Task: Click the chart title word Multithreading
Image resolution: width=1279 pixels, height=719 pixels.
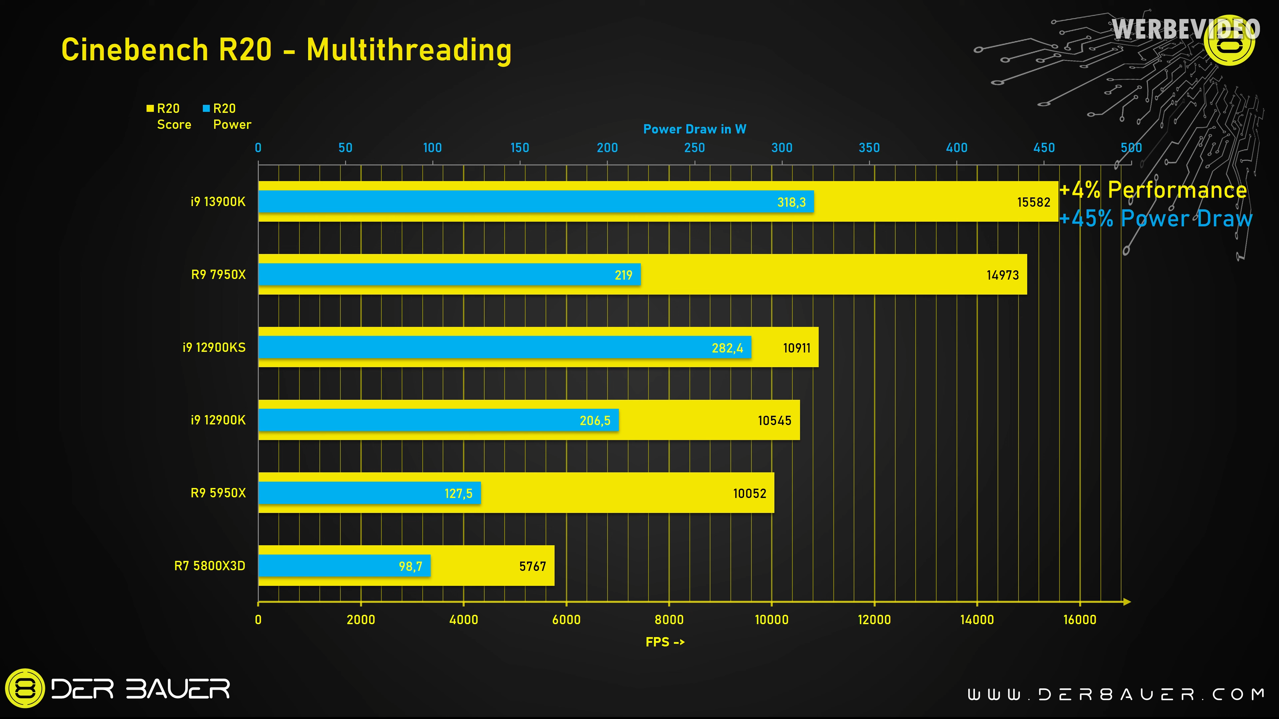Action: (x=409, y=50)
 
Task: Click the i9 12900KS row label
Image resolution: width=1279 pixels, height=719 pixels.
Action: (x=214, y=347)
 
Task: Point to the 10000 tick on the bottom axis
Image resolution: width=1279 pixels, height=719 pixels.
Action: (x=772, y=619)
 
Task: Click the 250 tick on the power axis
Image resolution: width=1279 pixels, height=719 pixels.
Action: (x=694, y=148)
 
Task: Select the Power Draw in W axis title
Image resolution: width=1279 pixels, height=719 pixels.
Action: (x=694, y=129)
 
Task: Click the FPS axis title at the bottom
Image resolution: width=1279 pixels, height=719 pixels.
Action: (x=665, y=642)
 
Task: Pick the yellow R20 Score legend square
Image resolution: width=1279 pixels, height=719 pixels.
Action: (x=150, y=109)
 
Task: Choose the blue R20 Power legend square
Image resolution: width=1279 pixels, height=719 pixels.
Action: (x=206, y=109)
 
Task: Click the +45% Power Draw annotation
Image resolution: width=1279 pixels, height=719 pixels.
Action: (x=1156, y=219)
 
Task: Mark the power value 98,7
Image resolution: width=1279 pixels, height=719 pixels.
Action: (x=410, y=566)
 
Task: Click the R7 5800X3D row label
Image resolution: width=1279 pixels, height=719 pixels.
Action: (x=210, y=566)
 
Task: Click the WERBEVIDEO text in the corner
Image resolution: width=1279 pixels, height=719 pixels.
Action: (x=1186, y=29)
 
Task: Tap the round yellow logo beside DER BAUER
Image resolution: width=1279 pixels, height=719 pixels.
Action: (x=25, y=688)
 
